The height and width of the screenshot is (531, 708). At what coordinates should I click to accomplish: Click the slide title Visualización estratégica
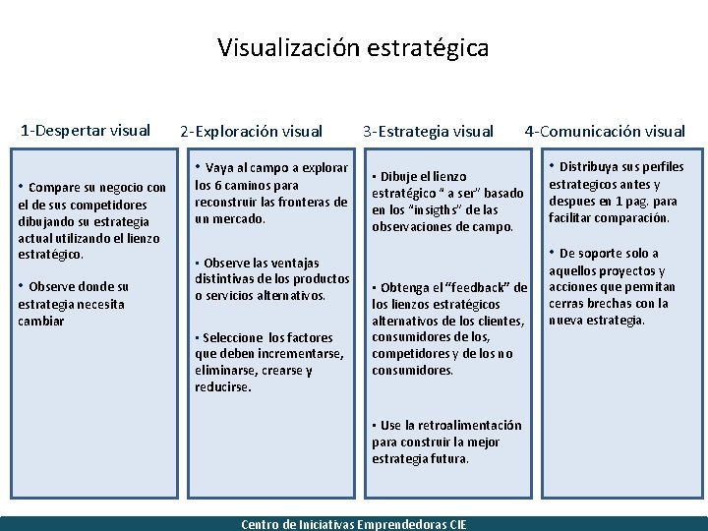pyautogui.click(x=353, y=47)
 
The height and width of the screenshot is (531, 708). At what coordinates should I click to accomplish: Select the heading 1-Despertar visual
pyautogui.click(x=86, y=129)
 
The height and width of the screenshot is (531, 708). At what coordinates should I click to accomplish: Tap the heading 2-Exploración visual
pyautogui.click(x=251, y=130)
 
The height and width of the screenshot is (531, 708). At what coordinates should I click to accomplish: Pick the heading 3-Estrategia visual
pyautogui.click(x=428, y=130)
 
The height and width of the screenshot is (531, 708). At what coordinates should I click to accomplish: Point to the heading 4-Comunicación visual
pyautogui.click(x=605, y=130)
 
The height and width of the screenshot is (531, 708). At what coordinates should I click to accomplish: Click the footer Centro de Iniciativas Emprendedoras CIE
pyautogui.click(x=354, y=524)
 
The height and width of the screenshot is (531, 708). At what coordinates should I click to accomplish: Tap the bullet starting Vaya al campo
pyautogui.click(x=270, y=193)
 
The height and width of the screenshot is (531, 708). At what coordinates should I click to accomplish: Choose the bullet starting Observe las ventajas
pyautogui.click(x=270, y=278)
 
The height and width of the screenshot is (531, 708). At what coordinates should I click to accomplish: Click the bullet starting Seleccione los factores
pyautogui.click(x=268, y=362)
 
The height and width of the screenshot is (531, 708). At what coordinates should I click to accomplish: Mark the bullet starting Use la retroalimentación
pyautogui.click(x=446, y=442)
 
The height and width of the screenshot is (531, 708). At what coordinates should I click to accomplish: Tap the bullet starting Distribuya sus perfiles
pyautogui.click(x=616, y=192)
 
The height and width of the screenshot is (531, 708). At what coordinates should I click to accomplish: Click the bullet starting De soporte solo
pyautogui.click(x=612, y=286)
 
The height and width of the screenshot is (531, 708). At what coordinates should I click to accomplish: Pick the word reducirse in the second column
pyautogui.click(x=223, y=387)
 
